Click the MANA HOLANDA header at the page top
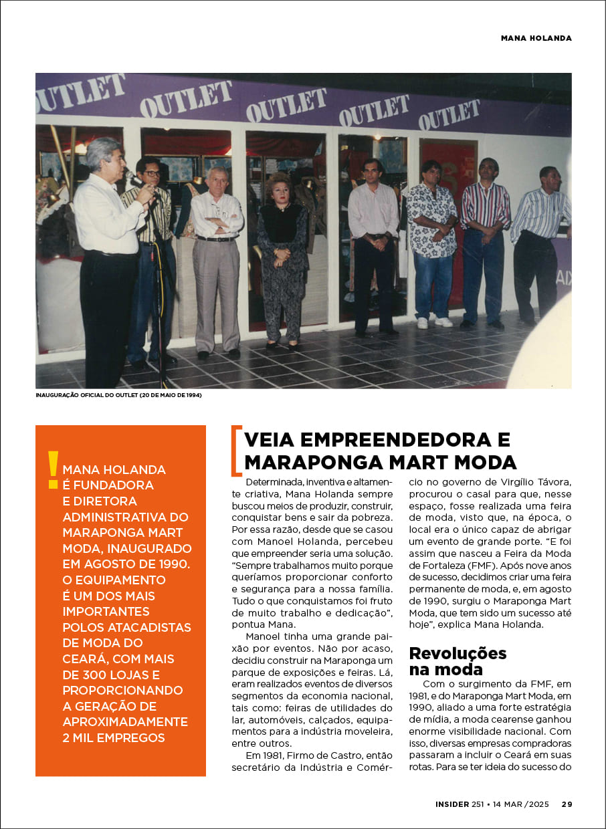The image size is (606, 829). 536,38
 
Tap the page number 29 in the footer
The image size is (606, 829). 567,804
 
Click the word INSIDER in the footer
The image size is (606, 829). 451,804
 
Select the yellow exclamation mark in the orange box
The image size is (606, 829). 53,470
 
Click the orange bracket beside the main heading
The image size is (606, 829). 235,451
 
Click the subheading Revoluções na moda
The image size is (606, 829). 458,661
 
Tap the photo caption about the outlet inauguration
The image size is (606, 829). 118,395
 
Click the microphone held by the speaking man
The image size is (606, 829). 131,177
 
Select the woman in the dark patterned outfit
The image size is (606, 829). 282,257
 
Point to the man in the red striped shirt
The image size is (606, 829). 484,241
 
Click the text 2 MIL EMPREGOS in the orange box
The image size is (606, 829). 114,738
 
